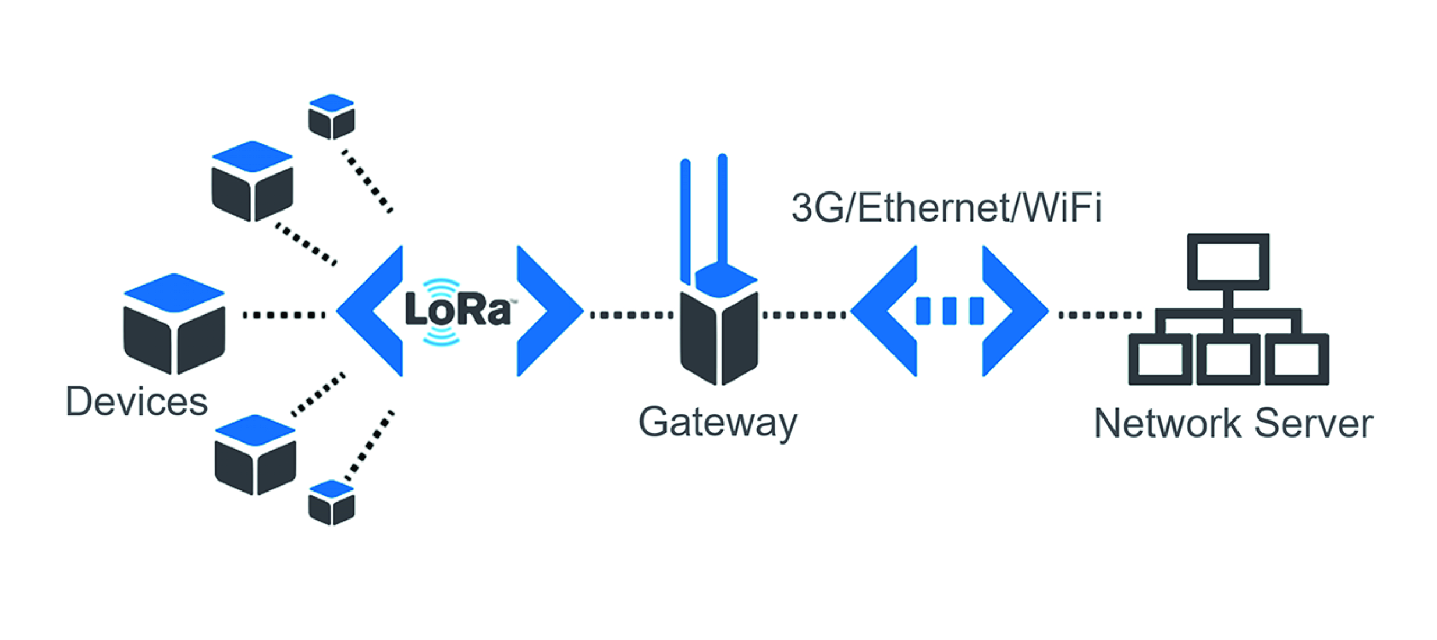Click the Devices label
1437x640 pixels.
coord(137,401)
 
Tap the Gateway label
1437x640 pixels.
coord(717,422)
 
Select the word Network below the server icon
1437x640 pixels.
coord(1168,424)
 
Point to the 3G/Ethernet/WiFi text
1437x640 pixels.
coord(946,208)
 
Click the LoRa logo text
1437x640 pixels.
coord(459,310)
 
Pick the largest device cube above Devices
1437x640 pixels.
coord(174,323)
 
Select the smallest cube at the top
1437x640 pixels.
coord(331,116)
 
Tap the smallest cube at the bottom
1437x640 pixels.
coord(331,503)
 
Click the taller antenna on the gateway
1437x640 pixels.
coord(722,209)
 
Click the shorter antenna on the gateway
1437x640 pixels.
coord(686,221)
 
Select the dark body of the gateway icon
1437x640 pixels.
coord(719,337)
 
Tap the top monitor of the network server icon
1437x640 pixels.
coord(1228,262)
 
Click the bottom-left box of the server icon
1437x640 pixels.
coord(1160,359)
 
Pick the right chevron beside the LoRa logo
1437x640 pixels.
coord(547,311)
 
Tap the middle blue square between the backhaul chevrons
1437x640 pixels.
coord(949,311)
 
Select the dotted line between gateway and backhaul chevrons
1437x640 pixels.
coord(804,315)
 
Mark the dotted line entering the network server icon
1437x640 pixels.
coord(1099,315)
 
